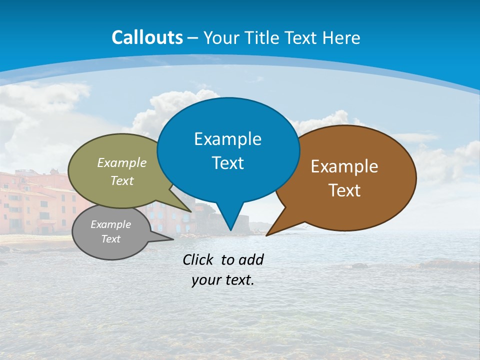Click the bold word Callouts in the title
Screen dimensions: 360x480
click(x=147, y=37)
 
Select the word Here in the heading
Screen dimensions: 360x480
click(x=341, y=38)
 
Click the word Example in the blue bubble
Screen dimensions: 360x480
click(x=227, y=139)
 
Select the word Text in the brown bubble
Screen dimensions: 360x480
click(x=344, y=190)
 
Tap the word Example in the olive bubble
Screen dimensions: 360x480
click(x=122, y=163)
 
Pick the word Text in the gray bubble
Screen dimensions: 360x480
click(x=111, y=239)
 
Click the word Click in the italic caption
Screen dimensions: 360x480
click(x=199, y=259)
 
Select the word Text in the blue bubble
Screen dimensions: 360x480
click(x=228, y=163)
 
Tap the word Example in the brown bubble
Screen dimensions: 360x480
click(x=344, y=166)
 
